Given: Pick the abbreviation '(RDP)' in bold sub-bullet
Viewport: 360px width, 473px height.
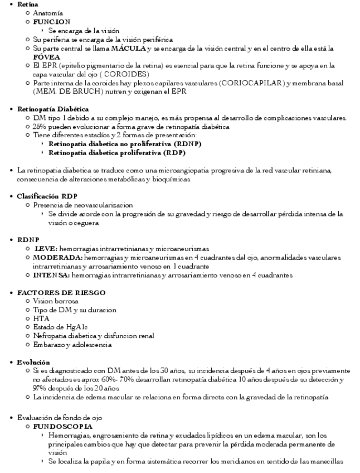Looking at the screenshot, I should click(x=170, y=152).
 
